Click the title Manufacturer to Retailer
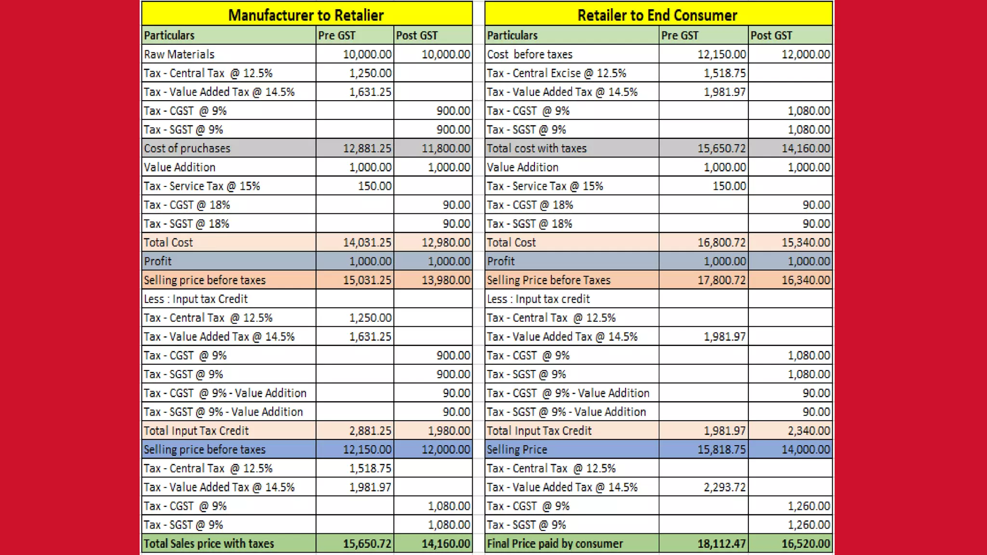(x=306, y=15)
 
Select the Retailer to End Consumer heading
(x=657, y=15)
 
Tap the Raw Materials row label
(x=179, y=54)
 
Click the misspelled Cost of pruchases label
(x=187, y=148)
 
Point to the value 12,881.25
(x=367, y=148)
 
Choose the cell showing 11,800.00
(x=446, y=148)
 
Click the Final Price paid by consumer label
(x=555, y=543)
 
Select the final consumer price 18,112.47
(x=722, y=544)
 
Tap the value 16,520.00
(x=806, y=544)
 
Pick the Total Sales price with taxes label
(x=209, y=543)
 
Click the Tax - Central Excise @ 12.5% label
(x=557, y=73)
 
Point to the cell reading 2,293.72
(x=725, y=487)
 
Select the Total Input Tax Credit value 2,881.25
(x=371, y=431)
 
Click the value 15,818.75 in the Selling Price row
(x=722, y=449)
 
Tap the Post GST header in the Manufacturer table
(x=417, y=35)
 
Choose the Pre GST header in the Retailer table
(x=680, y=35)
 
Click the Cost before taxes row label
(x=530, y=54)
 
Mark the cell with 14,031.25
(x=367, y=242)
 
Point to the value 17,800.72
(x=722, y=280)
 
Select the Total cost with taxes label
(x=537, y=148)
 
